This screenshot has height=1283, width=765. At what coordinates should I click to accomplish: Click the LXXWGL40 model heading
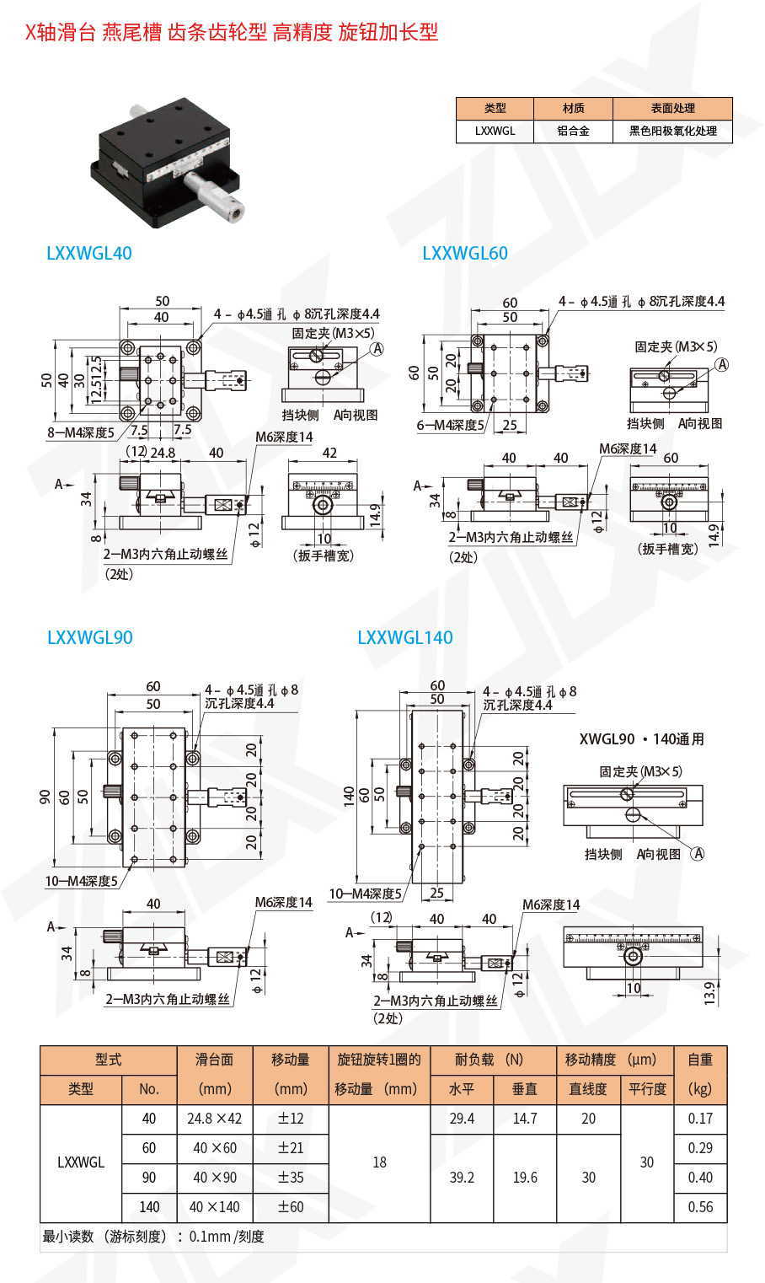point(89,253)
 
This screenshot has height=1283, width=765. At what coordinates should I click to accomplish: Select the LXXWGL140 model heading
point(405,637)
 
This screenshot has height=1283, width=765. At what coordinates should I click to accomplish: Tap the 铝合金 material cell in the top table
point(573,132)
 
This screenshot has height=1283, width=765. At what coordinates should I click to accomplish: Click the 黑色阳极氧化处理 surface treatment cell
point(673,132)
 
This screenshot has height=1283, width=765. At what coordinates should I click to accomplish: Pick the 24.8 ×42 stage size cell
point(215,1119)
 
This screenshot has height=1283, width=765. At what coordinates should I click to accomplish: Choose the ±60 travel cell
point(291,1207)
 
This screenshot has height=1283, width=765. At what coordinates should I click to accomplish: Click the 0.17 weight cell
point(700,1119)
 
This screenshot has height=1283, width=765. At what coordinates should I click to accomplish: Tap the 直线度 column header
point(588,1089)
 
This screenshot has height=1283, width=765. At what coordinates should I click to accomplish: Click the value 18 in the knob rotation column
point(380,1162)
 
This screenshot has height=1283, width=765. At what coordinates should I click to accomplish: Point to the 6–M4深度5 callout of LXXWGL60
point(451,426)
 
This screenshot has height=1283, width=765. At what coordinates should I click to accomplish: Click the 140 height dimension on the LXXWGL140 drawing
point(349,797)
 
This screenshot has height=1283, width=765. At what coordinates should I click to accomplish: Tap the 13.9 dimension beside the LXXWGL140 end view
point(710,994)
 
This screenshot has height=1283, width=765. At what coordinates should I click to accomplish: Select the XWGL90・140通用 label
point(642,739)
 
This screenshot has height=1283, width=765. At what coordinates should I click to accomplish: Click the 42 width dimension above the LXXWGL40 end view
point(329,453)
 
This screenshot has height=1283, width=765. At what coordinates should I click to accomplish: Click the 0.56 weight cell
point(700,1207)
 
